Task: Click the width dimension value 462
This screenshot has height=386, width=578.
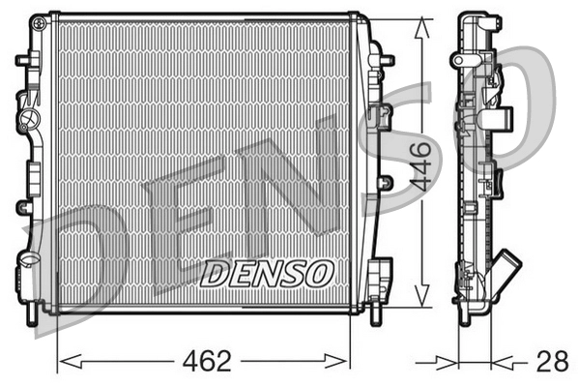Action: pyautogui.click(x=204, y=362)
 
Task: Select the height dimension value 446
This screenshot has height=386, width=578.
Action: pyautogui.click(x=419, y=165)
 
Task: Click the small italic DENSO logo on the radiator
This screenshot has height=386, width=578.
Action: pyautogui.click(x=266, y=274)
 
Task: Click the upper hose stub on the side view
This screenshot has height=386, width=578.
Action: pyautogui.click(x=504, y=121)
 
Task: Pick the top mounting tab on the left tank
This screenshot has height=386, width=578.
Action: pyautogui.click(x=23, y=60)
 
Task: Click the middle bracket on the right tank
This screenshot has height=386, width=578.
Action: pyautogui.click(x=386, y=182)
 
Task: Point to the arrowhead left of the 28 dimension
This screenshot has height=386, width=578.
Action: pyautogui.click(x=449, y=363)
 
